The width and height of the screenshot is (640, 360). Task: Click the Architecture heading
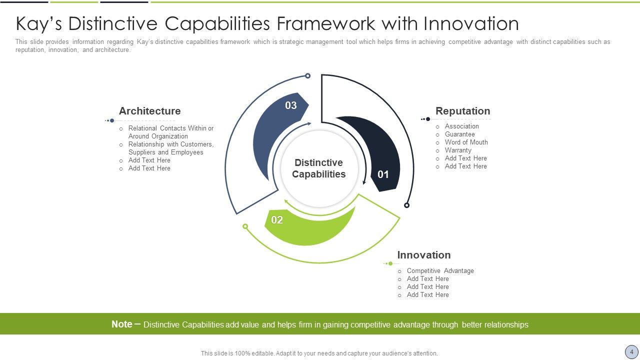[x=149, y=111]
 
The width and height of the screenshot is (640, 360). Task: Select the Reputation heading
[x=462, y=111]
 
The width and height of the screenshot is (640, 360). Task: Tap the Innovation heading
[x=423, y=255]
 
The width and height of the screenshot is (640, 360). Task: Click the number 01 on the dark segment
[x=383, y=174]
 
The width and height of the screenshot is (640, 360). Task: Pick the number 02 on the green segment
[x=277, y=220]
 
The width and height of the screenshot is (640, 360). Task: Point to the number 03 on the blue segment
[x=291, y=105]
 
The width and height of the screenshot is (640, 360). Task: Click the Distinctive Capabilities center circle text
[x=319, y=168]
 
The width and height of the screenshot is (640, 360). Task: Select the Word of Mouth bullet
[x=466, y=142]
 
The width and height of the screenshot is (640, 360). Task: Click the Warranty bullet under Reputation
[x=458, y=150]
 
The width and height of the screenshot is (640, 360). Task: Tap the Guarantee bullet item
[x=459, y=134]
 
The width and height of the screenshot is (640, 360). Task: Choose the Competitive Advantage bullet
[x=440, y=271]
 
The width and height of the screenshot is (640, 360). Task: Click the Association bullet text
[x=461, y=126]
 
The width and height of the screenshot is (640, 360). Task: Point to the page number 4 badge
[x=631, y=352]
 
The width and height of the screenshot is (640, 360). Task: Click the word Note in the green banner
[x=122, y=324]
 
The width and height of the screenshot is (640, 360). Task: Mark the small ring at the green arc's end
[x=245, y=226]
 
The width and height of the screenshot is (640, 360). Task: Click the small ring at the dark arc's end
[x=406, y=205]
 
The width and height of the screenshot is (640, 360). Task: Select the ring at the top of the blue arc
[x=307, y=76]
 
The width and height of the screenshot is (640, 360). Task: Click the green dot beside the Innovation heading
[x=390, y=263]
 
